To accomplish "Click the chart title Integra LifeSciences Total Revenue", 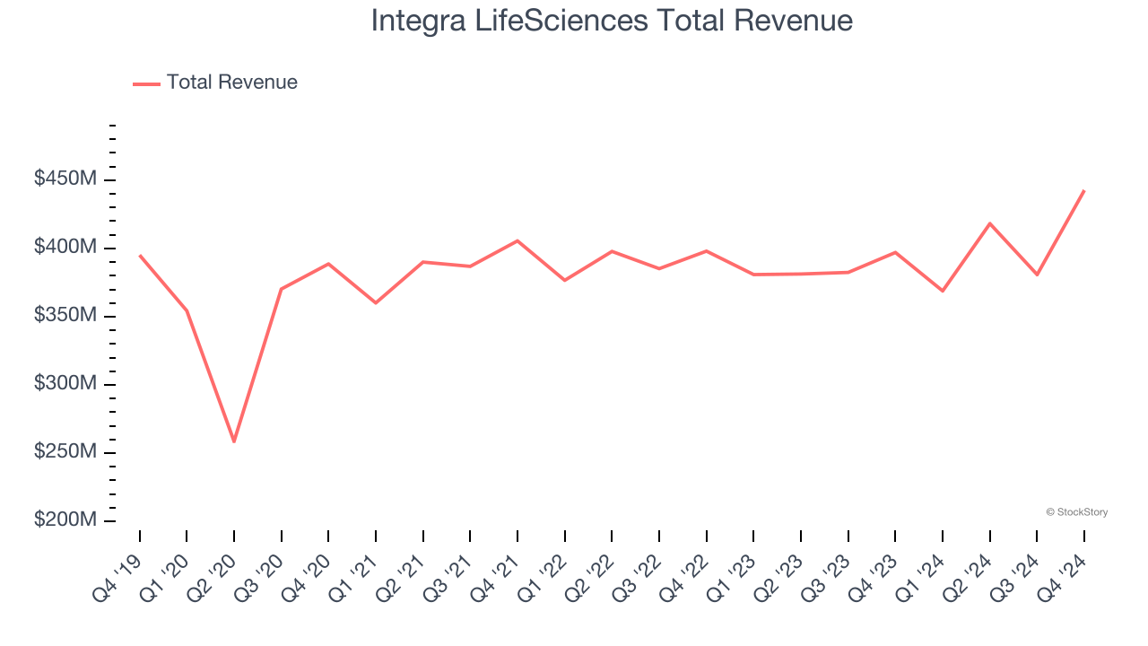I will (x=612, y=21).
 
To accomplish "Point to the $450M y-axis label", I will (x=65, y=179).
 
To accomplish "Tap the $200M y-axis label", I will (x=65, y=520).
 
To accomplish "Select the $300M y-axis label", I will (x=65, y=384).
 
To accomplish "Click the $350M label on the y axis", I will (x=65, y=316).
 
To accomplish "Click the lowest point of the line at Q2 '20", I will (x=234, y=441).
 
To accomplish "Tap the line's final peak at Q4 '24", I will (x=1083, y=191).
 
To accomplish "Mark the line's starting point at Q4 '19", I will (x=140, y=256).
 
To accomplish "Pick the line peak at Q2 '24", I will (x=989, y=223).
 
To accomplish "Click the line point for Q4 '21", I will (x=517, y=240).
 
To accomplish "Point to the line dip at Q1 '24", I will (x=943, y=291).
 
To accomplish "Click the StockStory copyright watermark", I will (x=1076, y=512).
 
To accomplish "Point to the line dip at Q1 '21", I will (x=376, y=302).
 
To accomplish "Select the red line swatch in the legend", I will (x=146, y=83).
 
